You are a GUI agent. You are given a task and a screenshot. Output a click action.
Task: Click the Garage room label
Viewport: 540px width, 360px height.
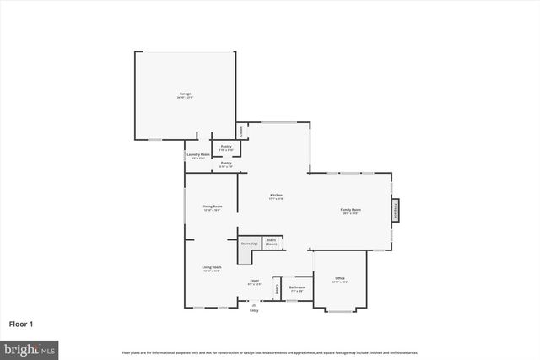point(185,94)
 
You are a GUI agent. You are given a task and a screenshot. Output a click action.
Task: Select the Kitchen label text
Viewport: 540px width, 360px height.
point(276,196)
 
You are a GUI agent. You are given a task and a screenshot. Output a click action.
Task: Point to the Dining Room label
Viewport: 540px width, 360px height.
point(212,207)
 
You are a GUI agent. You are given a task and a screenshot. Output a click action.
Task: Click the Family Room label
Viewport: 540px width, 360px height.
point(350,211)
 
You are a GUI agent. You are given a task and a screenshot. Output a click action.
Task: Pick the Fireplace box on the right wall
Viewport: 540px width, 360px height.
point(395,211)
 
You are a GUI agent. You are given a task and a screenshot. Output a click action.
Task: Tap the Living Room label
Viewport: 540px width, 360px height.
point(212,269)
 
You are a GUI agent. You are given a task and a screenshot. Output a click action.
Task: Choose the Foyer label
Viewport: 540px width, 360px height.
point(254,282)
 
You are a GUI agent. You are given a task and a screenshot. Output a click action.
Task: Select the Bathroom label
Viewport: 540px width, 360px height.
point(297,288)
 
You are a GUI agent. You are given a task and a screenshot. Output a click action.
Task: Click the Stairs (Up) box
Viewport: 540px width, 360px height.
point(248,244)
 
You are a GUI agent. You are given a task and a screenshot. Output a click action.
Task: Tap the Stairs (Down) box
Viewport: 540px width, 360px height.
point(272,242)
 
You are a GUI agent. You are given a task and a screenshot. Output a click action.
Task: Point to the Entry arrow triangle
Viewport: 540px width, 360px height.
point(254,305)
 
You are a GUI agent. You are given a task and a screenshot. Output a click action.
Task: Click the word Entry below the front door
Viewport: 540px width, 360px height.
point(254,311)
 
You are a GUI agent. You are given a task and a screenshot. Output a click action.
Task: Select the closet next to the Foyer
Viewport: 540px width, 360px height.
point(277,289)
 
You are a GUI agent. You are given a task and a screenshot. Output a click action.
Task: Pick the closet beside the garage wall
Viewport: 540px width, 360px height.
point(241,131)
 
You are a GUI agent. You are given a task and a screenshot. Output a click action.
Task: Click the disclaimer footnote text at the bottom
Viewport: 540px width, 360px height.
point(270,352)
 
